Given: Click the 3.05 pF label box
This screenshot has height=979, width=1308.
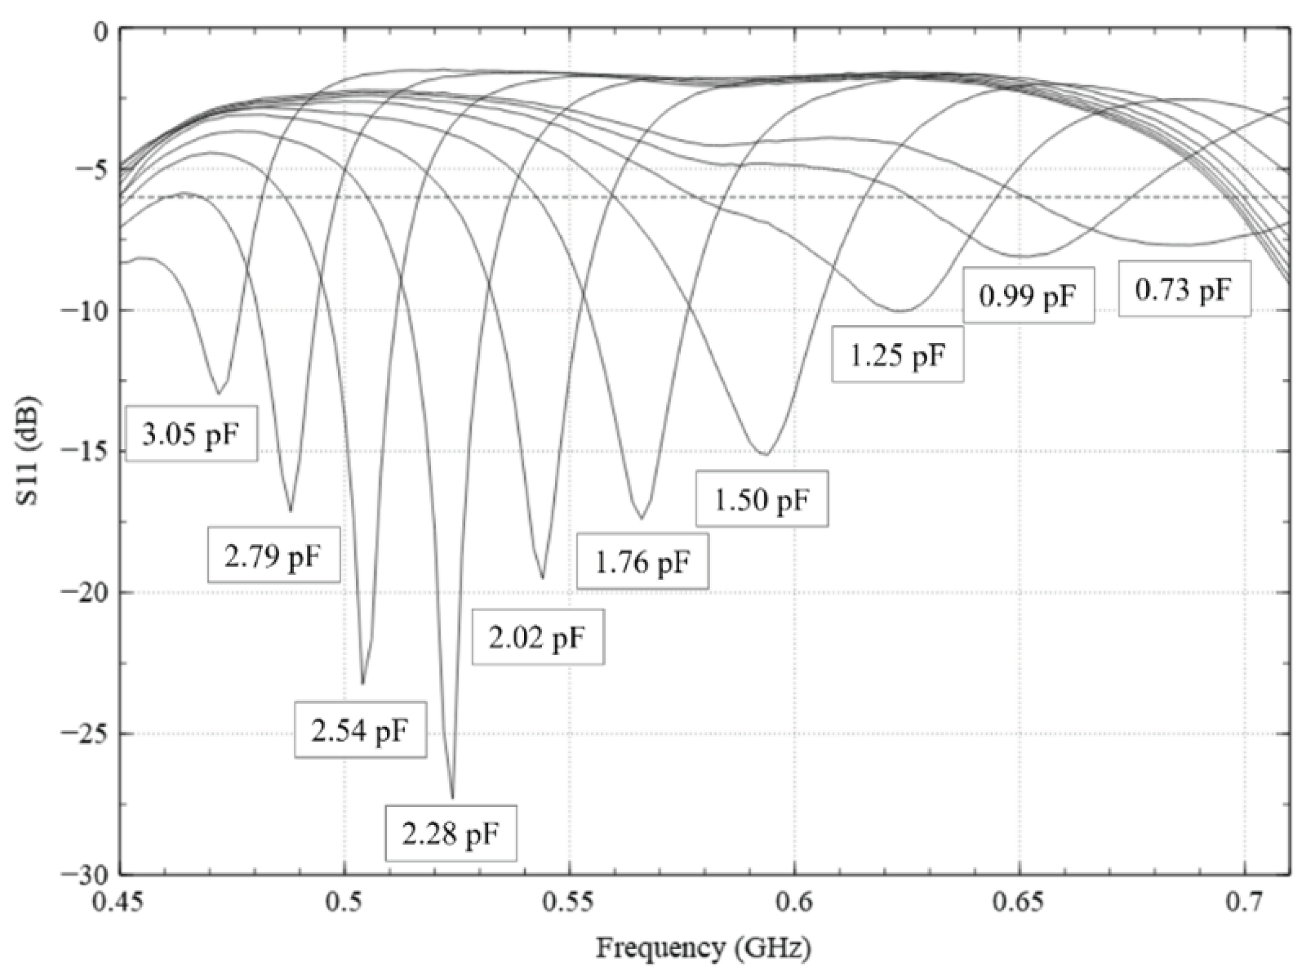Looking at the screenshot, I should pyautogui.click(x=192, y=434).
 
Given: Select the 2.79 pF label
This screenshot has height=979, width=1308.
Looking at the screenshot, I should pyautogui.click(x=273, y=555).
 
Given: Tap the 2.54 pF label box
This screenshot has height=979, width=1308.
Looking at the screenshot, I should pyautogui.click(x=360, y=730).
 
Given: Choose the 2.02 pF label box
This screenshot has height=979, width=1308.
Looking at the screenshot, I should pyautogui.click(x=538, y=637).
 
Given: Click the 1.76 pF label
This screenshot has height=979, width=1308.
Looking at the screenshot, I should pyautogui.click(x=642, y=561).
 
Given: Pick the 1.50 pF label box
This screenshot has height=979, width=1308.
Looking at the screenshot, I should pyautogui.click(x=761, y=499).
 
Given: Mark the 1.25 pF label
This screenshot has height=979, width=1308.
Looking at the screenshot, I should pyautogui.click(x=897, y=354).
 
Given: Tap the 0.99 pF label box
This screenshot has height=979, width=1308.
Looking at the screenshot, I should pyautogui.click(x=1029, y=295).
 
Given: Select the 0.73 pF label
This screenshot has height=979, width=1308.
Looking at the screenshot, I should pyautogui.click(x=1184, y=289).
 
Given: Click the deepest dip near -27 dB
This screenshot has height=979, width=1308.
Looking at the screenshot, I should pyautogui.click(x=452, y=797).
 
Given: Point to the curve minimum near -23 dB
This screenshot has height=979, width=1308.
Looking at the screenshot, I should pyautogui.click(x=363, y=683).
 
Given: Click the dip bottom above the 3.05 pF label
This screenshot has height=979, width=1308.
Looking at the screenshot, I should pyautogui.click(x=219, y=393).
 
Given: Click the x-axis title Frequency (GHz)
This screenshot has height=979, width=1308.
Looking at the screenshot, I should pyautogui.click(x=704, y=948).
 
